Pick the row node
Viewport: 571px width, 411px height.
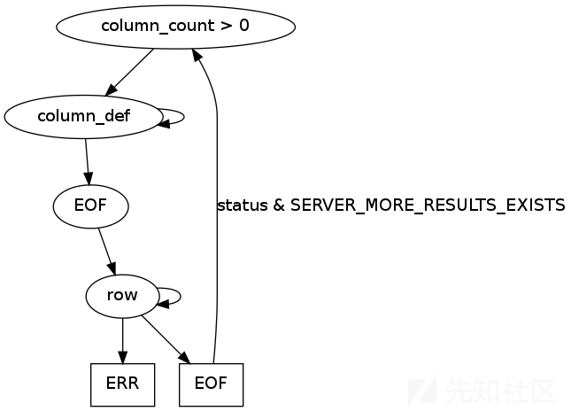(122, 296)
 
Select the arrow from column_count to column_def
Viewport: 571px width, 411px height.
(129, 71)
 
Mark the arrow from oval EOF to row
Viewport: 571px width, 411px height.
(106, 252)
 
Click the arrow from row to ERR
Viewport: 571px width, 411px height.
(122, 340)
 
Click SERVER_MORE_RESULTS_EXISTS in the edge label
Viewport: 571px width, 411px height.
(427, 205)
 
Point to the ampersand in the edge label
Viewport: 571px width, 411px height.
(278, 205)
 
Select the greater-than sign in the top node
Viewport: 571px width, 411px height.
(227, 26)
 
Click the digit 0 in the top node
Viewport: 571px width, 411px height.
(244, 26)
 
